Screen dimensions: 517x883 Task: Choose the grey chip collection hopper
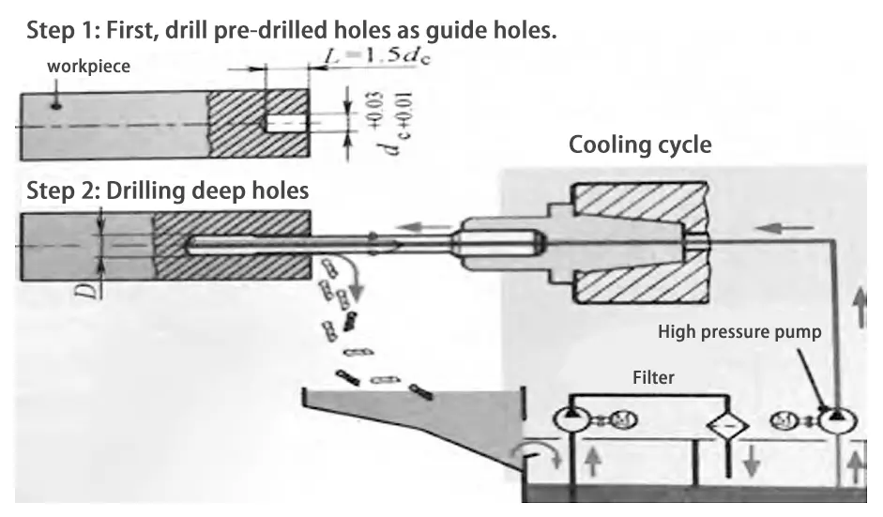[x=413, y=422]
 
